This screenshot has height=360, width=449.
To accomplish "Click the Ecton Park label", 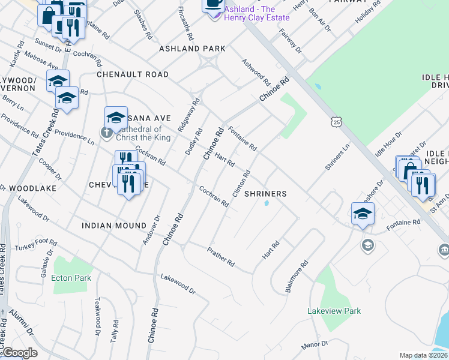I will tap(71, 278).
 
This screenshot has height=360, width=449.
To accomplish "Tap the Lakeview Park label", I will tap(334, 311).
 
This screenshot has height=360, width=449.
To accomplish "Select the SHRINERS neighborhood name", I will tap(265, 194).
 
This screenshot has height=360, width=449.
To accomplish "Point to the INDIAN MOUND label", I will tap(114, 226).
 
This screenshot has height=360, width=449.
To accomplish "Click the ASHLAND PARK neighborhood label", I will tap(192, 49).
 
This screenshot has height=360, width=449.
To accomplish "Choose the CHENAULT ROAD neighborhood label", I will tap(133, 74).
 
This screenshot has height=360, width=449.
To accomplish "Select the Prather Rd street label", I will tap(220, 256).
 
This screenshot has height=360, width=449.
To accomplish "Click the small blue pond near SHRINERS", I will tap(266, 203).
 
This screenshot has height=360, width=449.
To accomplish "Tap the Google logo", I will tap(19, 353).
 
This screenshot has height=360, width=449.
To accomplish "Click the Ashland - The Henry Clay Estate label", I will tap(256, 13).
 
